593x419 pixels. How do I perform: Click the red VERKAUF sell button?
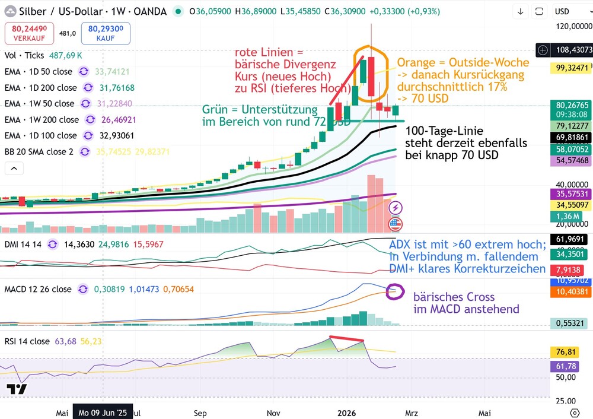point(30,33)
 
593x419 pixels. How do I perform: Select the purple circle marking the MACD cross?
point(394,291)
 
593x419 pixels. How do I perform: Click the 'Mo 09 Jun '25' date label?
point(103,412)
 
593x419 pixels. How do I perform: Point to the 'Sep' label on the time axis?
point(200,412)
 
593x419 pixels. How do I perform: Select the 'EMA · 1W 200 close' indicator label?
point(41,119)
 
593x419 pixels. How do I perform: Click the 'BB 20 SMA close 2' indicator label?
point(39,151)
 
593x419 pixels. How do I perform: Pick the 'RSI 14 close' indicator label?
point(27,341)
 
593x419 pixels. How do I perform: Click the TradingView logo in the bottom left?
point(17,389)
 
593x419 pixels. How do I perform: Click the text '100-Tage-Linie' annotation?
point(444,131)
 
